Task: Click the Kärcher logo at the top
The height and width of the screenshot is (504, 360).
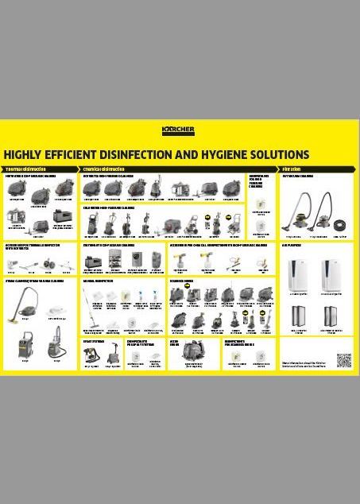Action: tap(178, 130)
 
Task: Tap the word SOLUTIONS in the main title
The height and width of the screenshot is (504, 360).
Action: tap(279, 155)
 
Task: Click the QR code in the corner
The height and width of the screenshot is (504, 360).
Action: tap(343, 361)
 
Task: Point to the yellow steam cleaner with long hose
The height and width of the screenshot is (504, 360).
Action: tap(27, 301)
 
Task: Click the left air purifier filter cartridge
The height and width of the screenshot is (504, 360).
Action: tap(298, 316)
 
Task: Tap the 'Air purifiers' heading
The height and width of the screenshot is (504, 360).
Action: tap(292, 246)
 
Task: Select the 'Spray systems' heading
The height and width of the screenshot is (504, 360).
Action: tap(94, 340)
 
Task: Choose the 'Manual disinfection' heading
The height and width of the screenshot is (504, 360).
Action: tap(98, 281)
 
